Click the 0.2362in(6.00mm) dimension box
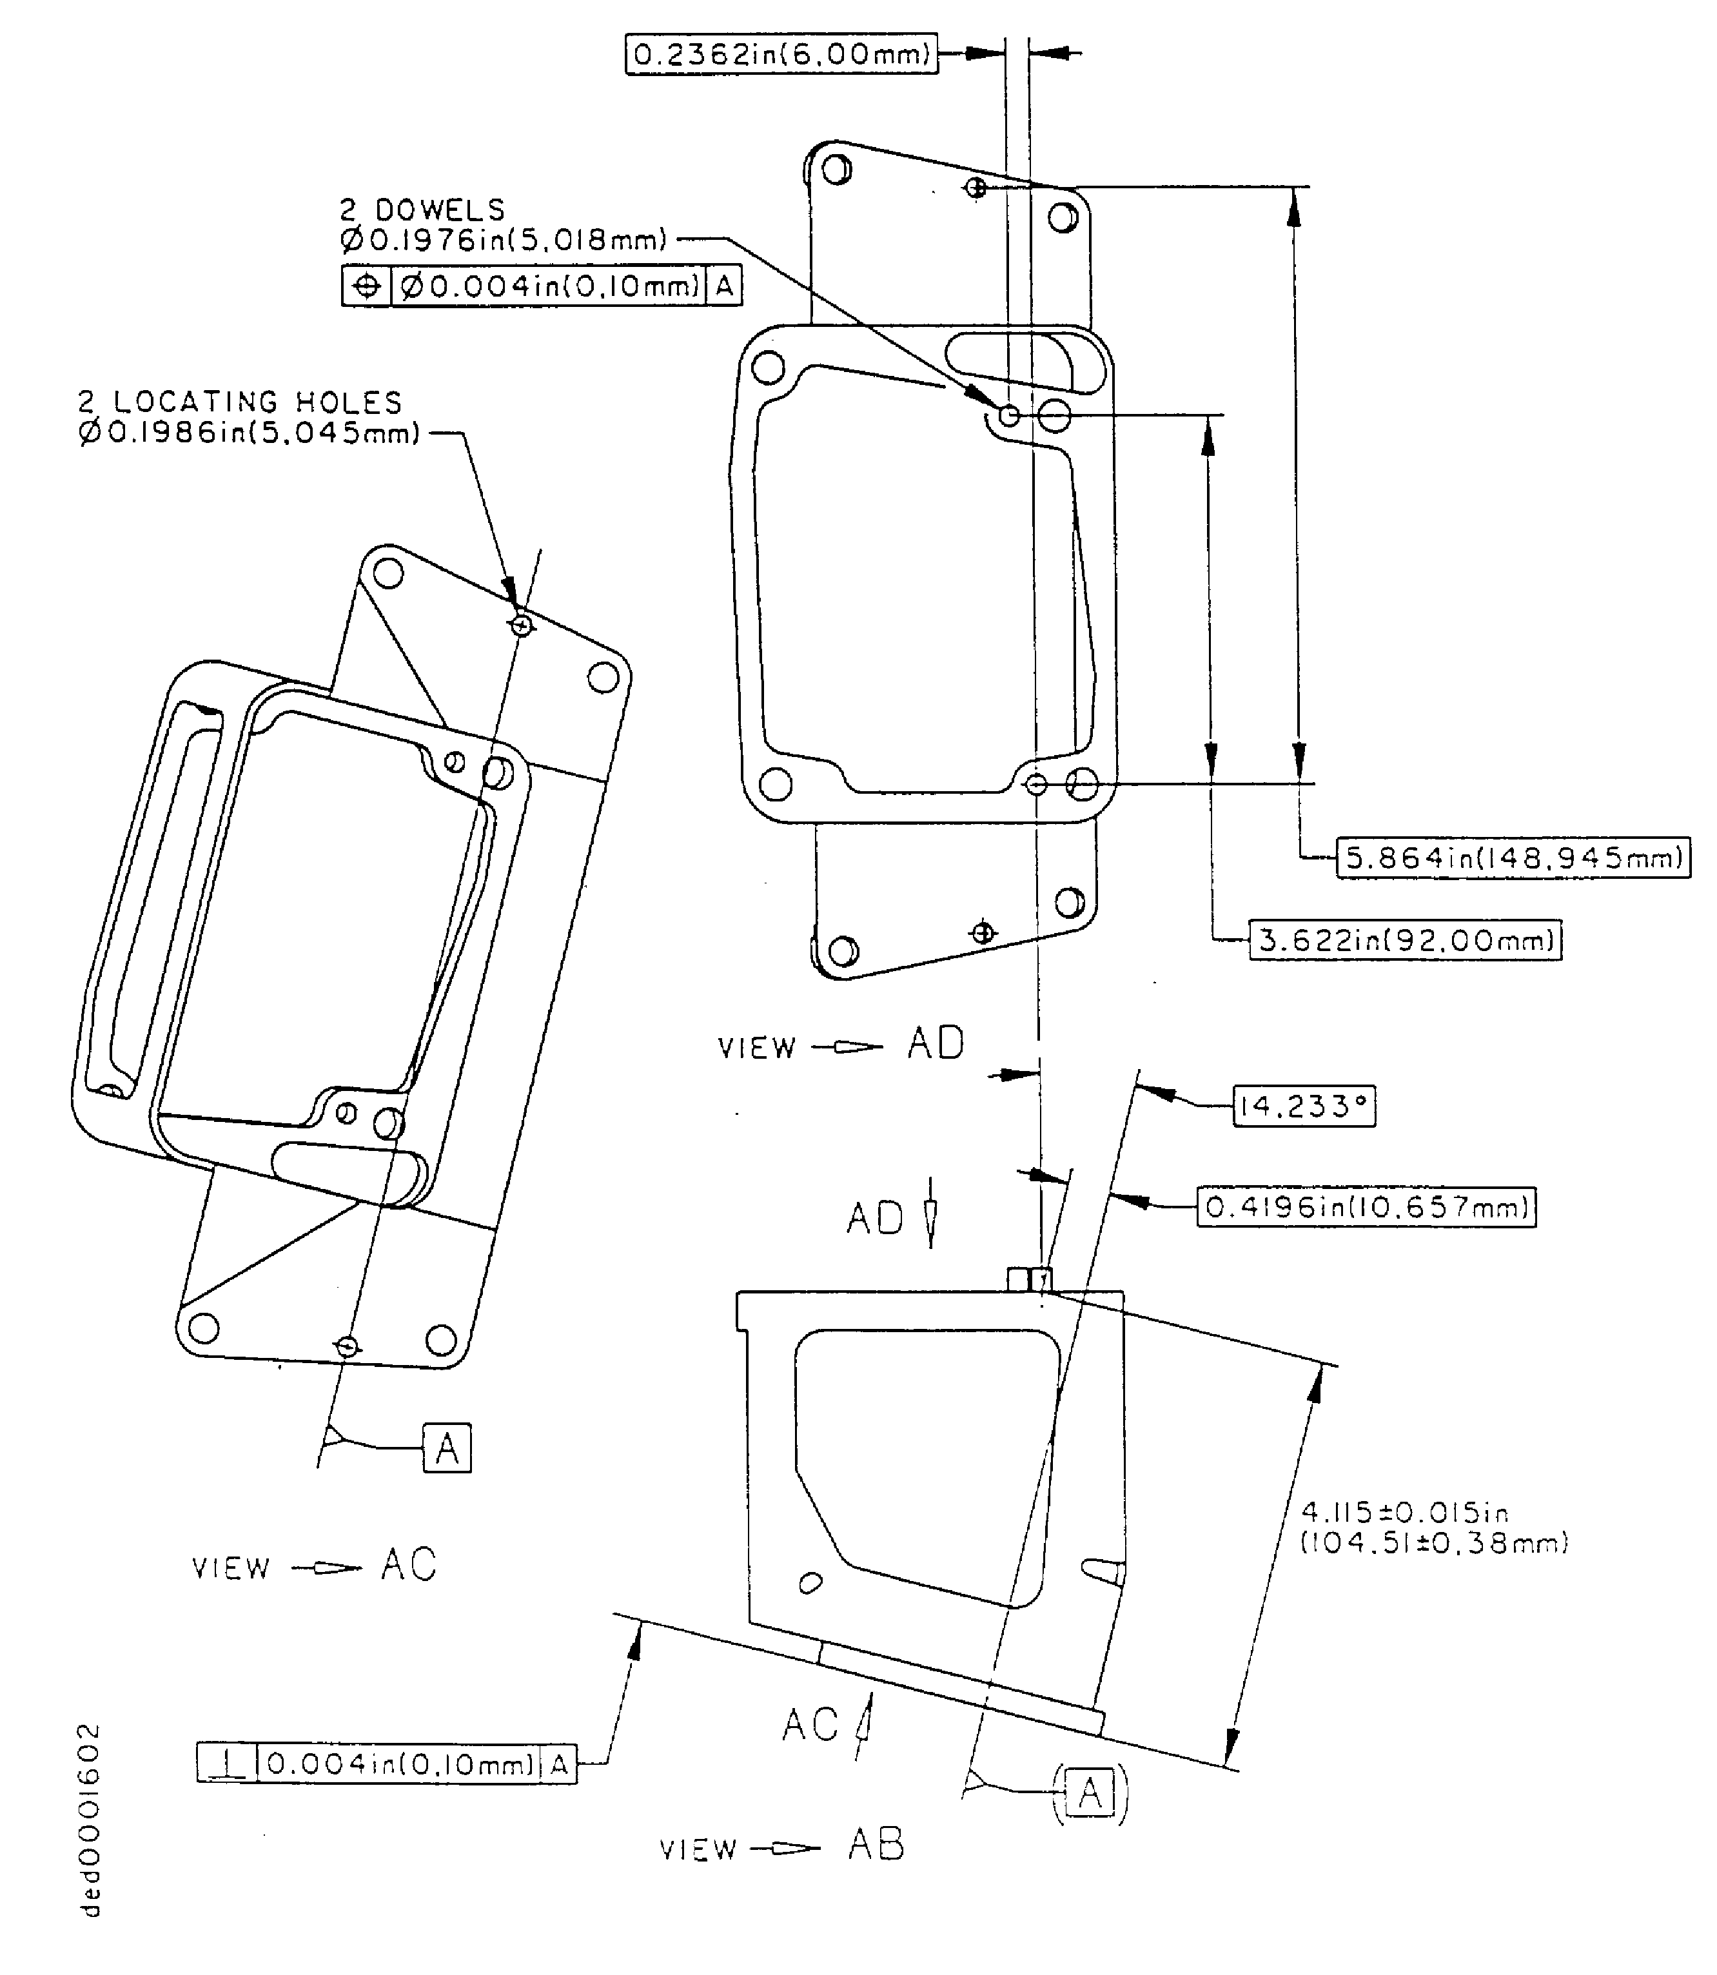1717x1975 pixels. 781,55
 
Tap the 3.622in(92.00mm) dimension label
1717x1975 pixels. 1406,940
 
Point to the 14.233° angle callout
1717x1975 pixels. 1303,1107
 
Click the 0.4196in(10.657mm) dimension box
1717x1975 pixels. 1366,1206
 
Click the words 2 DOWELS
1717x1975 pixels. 422,210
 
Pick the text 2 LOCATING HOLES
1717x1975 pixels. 240,402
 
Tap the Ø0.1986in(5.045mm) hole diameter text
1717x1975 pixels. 249,433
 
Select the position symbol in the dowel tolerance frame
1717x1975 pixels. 367,286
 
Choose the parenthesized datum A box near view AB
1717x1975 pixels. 1090,1792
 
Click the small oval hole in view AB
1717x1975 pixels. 810,1583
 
